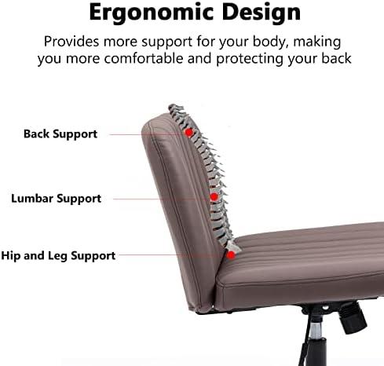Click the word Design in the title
(261, 12)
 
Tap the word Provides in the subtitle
(71, 42)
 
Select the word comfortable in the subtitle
(144, 58)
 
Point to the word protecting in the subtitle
(250, 59)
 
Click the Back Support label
(60, 134)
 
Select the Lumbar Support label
(56, 199)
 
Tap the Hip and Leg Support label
(58, 256)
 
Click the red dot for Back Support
(188, 133)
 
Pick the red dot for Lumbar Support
(214, 196)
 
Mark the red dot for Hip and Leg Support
(231, 254)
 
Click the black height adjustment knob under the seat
(351, 317)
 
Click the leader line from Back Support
(147, 134)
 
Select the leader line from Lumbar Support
(162, 199)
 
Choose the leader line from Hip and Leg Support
(173, 254)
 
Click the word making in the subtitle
(317, 42)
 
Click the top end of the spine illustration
(171, 105)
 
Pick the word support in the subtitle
(166, 42)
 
